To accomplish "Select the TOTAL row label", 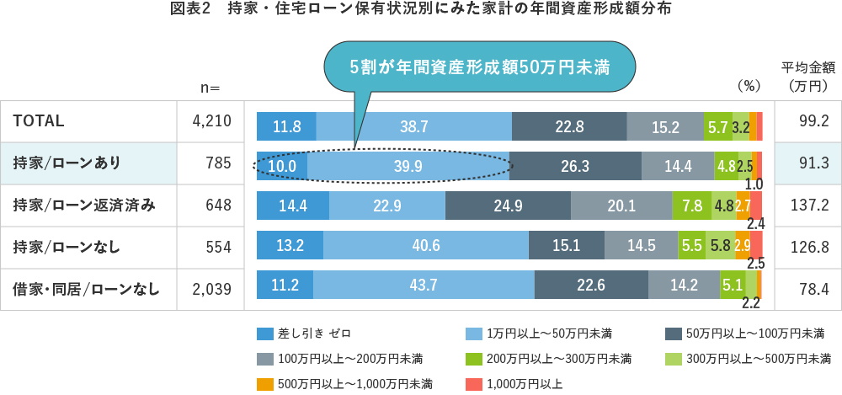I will coord(39,121).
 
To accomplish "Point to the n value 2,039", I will coord(211,289).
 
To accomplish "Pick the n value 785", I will coord(218,163).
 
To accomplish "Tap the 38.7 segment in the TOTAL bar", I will coord(414,126).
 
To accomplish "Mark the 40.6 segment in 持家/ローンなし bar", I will coord(426,246).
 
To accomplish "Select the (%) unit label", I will coord(749,85).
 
